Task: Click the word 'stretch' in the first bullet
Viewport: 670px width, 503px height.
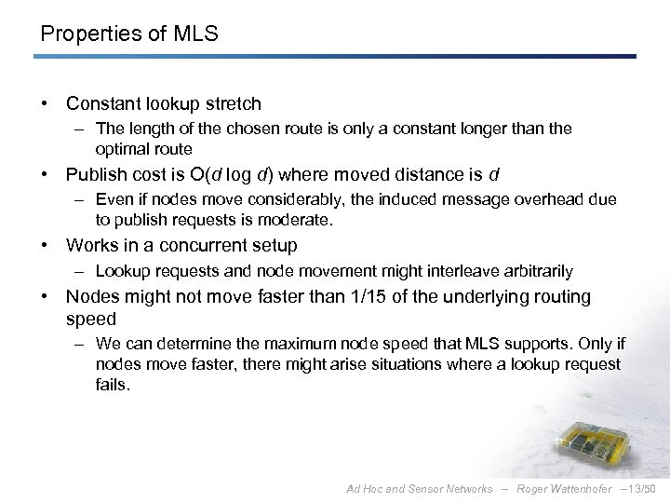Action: (x=231, y=103)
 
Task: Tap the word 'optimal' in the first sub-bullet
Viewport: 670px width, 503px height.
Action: (x=119, y=149)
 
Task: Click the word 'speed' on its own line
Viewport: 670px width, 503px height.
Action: (x=91, y=318)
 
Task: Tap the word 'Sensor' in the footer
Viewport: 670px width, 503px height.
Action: (x=421, y=488)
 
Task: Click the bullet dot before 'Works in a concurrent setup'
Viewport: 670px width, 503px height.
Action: (x=45, y=245)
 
